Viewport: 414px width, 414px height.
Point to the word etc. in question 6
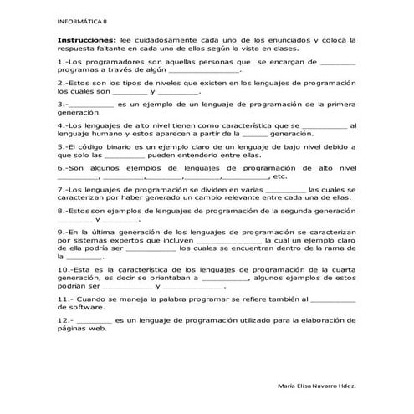280,176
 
